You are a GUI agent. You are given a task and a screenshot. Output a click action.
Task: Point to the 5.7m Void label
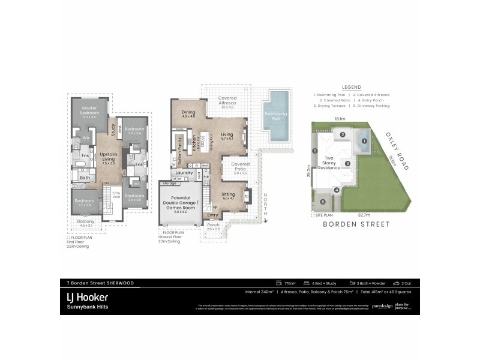pos(117,194)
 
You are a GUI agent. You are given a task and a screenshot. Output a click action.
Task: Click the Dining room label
pos(189,114)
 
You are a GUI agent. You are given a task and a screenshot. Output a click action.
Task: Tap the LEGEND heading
pos(351,87)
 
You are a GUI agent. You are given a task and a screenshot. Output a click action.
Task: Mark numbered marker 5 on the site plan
pos(314,151)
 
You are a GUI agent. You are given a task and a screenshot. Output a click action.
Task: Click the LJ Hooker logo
pos(88,296)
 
